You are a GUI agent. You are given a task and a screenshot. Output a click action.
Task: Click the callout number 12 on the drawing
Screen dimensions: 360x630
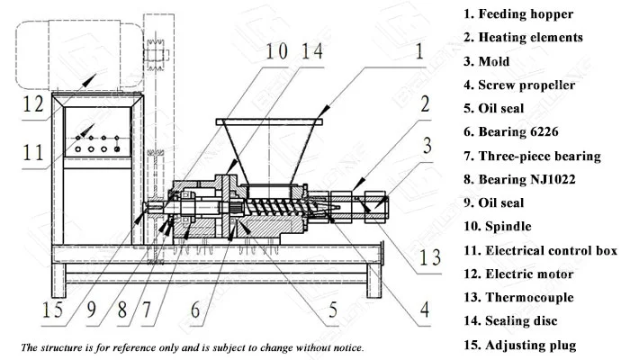(x=33, y=105)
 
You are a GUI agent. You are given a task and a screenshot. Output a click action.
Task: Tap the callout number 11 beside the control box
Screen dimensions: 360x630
(x=33, y=154)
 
